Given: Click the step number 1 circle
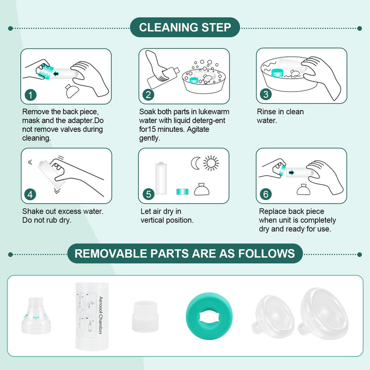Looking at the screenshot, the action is pos(31,95).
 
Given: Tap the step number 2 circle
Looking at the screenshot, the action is pos(148,95).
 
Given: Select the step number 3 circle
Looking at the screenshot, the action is pos(265,94).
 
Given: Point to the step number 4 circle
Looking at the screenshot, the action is pos(30,195).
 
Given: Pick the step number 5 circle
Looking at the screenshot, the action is pos(148,194).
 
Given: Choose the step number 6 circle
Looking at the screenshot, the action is pos(265,194).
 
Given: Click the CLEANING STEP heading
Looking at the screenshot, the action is pos(185,27).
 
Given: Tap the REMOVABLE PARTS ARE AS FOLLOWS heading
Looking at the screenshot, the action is pos(185,253).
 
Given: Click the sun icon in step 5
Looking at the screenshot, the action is pos(211,163).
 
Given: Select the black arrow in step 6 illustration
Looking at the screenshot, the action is pos(292,173).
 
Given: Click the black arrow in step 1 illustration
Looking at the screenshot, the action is pos(56,74).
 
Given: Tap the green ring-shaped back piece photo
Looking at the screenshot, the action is pos(209,316).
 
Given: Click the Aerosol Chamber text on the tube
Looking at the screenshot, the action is pos(101,315).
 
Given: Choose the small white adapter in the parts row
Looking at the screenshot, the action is pos(145,316).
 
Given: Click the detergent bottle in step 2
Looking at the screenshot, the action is pos(163,78).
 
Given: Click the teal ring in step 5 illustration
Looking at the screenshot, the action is pos(182,191).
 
